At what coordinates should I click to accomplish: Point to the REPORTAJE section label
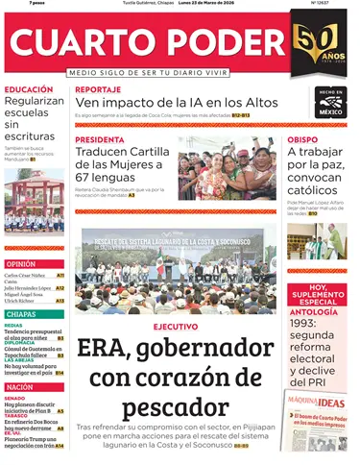98,89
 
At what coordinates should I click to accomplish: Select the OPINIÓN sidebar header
20,264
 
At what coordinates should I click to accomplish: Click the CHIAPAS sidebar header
20,314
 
